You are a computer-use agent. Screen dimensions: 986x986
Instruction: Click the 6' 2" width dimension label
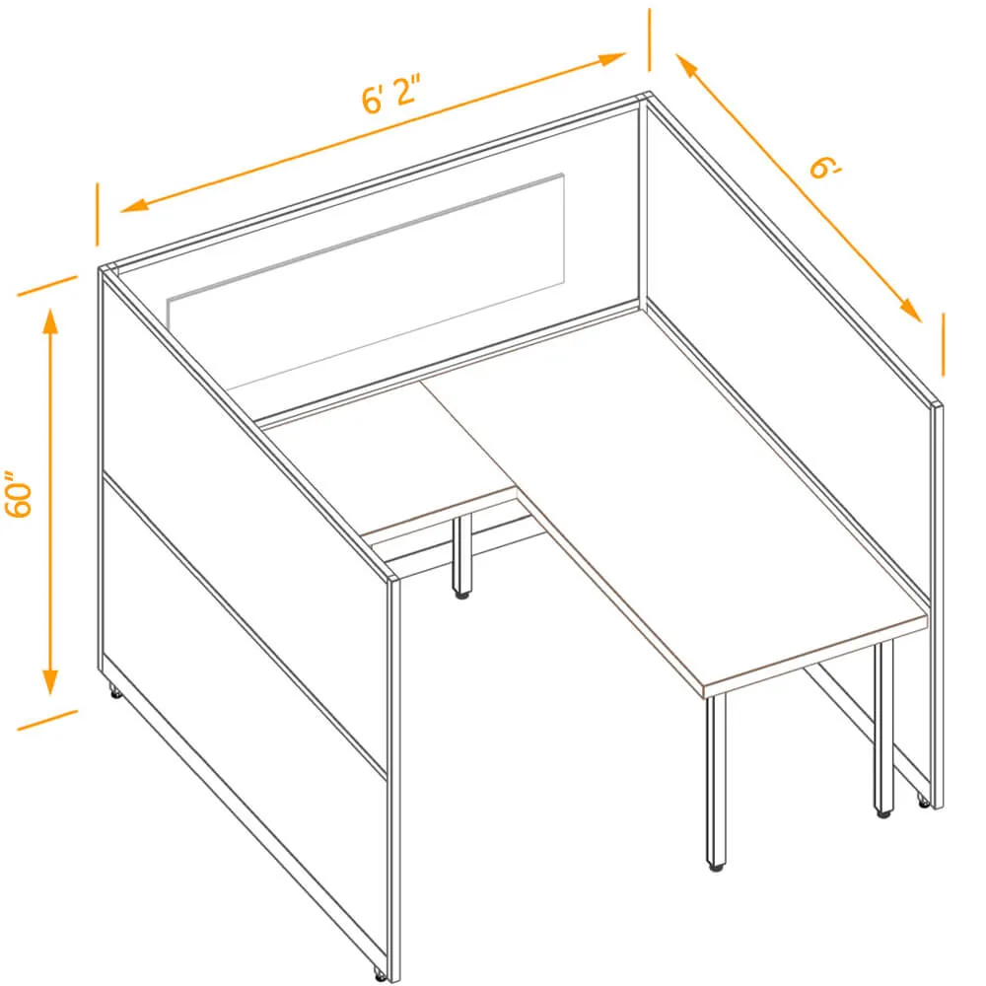390,95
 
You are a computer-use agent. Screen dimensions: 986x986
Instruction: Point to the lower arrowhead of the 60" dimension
49,681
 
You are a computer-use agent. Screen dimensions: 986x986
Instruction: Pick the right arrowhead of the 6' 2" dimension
611,58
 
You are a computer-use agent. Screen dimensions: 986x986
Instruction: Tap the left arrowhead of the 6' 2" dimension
134,205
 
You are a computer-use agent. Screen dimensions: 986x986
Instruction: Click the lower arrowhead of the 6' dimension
910,311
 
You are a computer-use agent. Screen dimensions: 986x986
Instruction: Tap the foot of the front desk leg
716,867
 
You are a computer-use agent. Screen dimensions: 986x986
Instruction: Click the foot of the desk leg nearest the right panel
884,813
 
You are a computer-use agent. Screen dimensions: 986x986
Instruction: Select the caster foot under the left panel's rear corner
115,693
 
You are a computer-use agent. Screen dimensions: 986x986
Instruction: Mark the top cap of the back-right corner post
644,97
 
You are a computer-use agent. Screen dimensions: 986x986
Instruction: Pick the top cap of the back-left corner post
108,268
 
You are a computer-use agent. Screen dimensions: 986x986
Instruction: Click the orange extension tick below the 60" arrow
47,721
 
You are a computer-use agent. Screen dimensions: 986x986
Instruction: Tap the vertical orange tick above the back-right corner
650,39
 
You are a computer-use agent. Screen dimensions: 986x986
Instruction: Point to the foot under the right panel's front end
923,801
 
